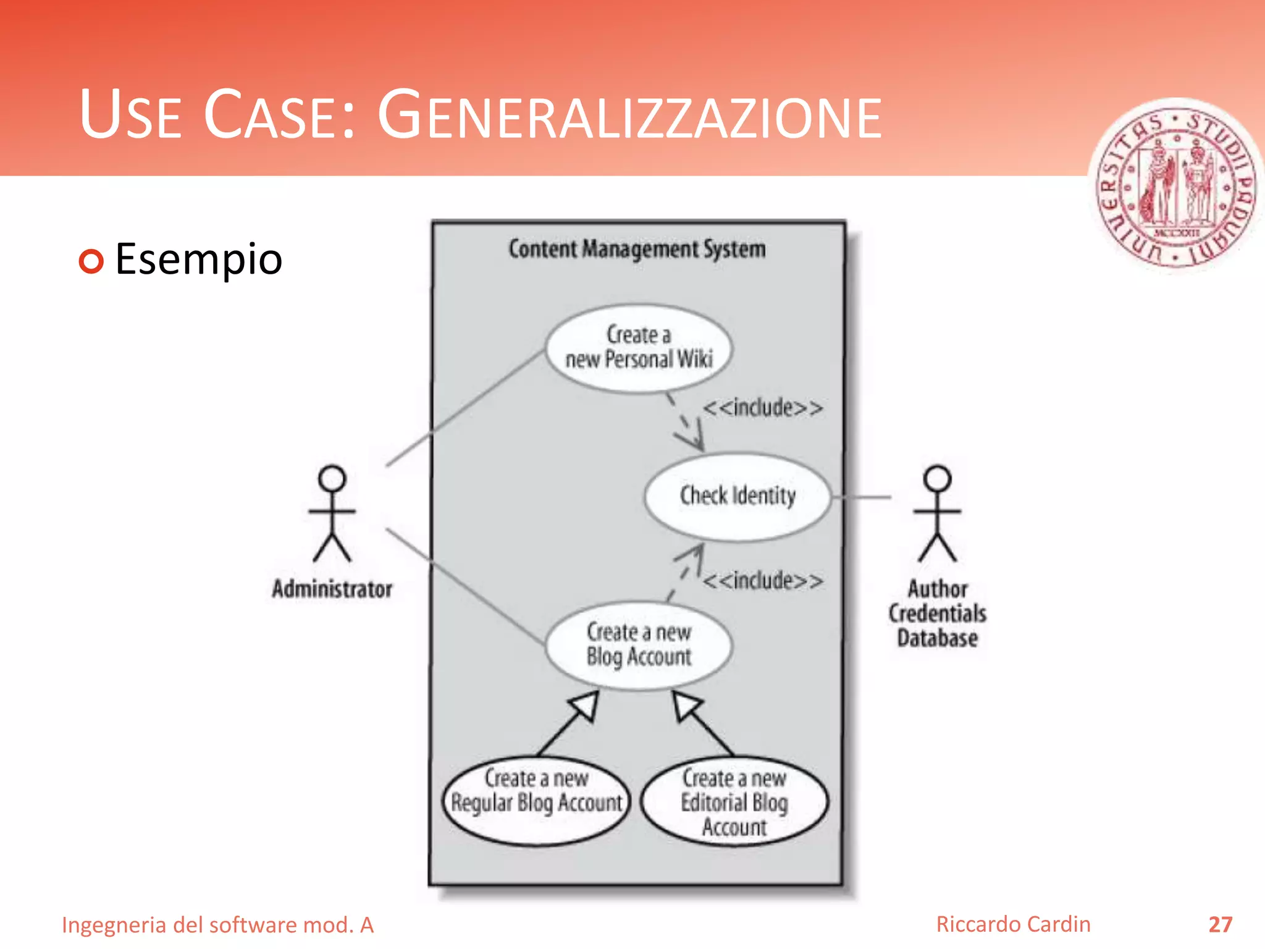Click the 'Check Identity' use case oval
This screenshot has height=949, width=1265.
tap(737, 497)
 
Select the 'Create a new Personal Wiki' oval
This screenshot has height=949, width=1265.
tap(639, 348)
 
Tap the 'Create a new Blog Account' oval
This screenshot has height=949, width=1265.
tap(639, 645)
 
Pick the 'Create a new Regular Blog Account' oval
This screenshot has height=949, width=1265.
tap(536, 801)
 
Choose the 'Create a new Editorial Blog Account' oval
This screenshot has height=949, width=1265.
tap(734, 801)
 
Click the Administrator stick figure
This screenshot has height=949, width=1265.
tap(332, 513)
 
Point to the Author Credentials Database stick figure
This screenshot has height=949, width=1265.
tap(938, 513)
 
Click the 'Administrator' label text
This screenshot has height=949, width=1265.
tap(332, 589)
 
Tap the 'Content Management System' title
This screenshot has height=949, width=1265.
tap(637, 249)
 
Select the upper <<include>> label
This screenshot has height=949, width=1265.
tap(763, 408)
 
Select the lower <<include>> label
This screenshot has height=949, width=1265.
tap(763, 581)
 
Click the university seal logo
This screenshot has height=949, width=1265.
tap(1175, 189)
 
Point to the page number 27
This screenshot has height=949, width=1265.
tap(1220, 924)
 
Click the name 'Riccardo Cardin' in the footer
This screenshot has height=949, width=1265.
tap(1013, 924)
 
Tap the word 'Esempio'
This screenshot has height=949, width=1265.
tap(199, 259)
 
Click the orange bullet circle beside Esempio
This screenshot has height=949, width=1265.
tap(91, 261)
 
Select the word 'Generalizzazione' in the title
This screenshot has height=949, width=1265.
tap(629, 116)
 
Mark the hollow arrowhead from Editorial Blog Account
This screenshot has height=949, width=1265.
tap(687, 706)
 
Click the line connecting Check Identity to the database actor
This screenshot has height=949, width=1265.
tap(861, 497)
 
